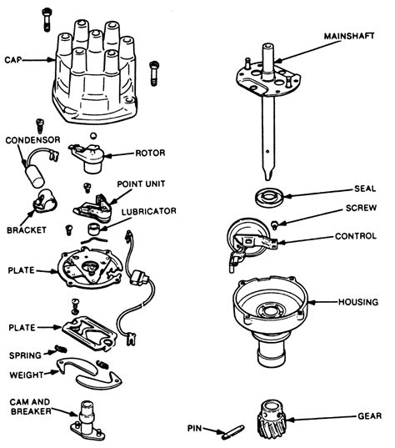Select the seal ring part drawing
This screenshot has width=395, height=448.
(268, 199)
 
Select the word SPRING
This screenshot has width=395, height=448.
(26, 354)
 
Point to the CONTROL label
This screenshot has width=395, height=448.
(357, 236)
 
